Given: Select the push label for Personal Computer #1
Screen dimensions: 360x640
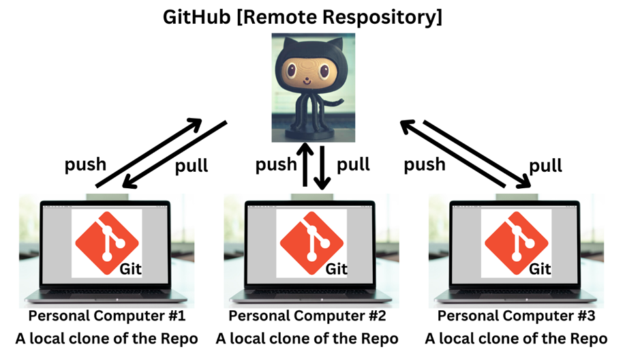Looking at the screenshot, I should [x=85, y=164].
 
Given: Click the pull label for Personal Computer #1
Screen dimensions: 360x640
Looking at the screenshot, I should [x=192, y=166].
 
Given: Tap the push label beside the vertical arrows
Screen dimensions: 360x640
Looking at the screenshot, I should [x=277, y=164].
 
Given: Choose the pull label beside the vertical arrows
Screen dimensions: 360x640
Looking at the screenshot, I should [x=354, y=164].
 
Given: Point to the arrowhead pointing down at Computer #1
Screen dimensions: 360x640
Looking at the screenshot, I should [x=129, y=180].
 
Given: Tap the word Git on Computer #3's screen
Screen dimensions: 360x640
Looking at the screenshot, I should [x=541, y=268].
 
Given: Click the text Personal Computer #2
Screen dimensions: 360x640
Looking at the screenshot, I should [x=307, y=316].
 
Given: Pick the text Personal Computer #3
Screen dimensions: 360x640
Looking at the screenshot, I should [x=516, y=316].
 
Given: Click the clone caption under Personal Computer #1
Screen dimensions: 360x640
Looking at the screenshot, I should [x=107, y=338].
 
